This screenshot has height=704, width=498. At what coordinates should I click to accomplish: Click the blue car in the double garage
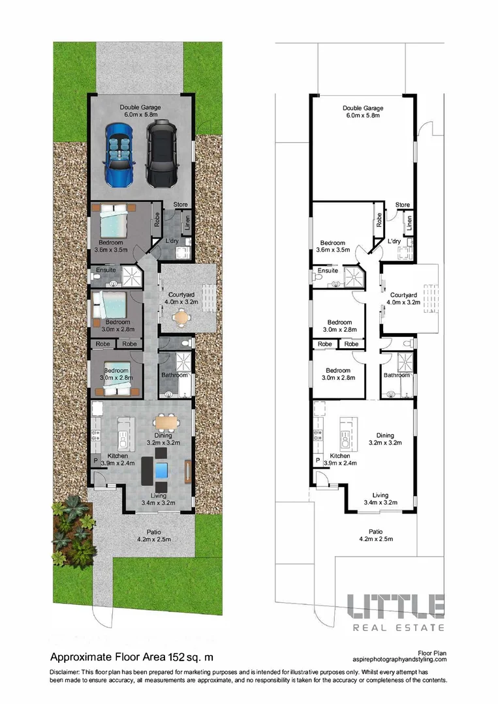click(120, 153)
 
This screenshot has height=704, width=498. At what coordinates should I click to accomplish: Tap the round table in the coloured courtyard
click(181, 317)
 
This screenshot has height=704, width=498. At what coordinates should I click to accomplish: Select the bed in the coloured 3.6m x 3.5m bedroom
click(114, 221)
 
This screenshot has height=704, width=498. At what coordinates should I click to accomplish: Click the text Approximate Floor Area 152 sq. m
click(131, 656)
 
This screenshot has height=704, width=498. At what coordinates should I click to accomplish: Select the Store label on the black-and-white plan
click(403, 205)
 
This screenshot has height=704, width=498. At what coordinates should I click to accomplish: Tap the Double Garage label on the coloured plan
click(140, 108)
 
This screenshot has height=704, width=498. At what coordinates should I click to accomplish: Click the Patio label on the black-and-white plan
click(375, 531)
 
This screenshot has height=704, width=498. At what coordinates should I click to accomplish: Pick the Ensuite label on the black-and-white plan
click(328, 271)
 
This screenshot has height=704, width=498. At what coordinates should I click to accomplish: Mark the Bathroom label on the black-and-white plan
click(396, 375)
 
